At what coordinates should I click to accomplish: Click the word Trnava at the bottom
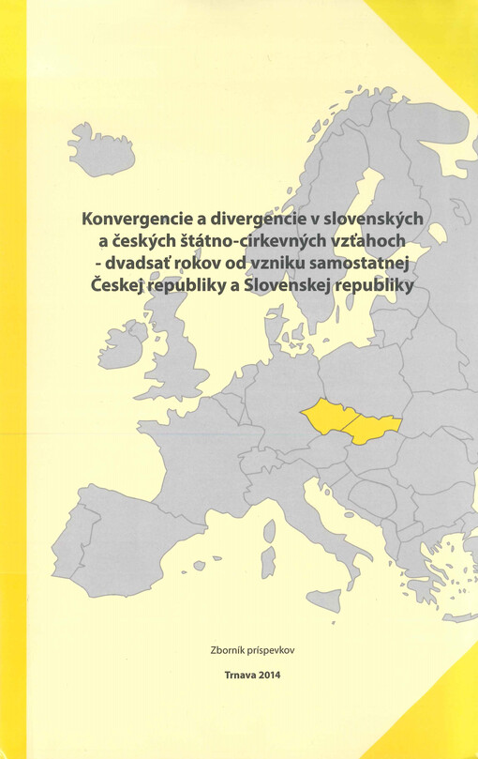coord(240,674)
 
